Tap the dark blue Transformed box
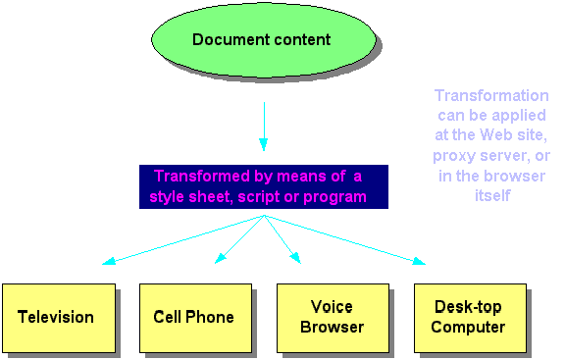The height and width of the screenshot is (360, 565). [263, 186]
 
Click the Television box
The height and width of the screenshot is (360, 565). [57, 317]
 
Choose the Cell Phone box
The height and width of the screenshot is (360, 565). [194, 317]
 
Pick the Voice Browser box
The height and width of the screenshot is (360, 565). [332, 317]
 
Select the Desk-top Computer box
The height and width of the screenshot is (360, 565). [469, 317]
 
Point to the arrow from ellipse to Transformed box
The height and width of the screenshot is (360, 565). [263, 123]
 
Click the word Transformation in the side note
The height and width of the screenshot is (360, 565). [491, 96]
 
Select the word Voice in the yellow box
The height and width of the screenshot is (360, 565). [332, 307]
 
